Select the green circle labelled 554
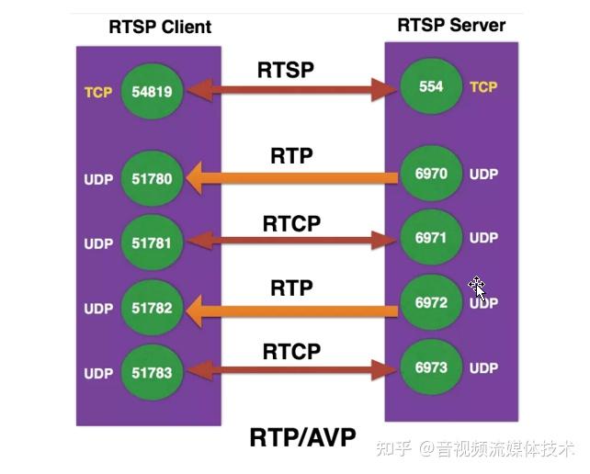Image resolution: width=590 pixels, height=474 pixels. pos(431,87)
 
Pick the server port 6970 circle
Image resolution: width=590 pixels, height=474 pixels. pos(430,174)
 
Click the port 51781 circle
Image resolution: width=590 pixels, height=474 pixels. pos(153,243)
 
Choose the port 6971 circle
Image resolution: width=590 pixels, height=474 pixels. pos(430,238)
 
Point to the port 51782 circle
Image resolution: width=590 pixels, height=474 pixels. pos(153,309)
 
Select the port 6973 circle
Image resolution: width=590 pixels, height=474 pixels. pos(430,367)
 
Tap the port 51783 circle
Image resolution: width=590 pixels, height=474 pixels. pos(153,373)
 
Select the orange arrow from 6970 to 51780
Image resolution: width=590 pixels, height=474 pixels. pos(292,177)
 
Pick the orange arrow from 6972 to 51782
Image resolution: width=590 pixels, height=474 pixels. pos(292,311)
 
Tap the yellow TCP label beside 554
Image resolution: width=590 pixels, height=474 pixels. pos(483,87)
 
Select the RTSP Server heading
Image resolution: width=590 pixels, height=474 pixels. pos(450,25)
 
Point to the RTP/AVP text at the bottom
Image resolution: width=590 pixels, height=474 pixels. pos(302,437)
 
